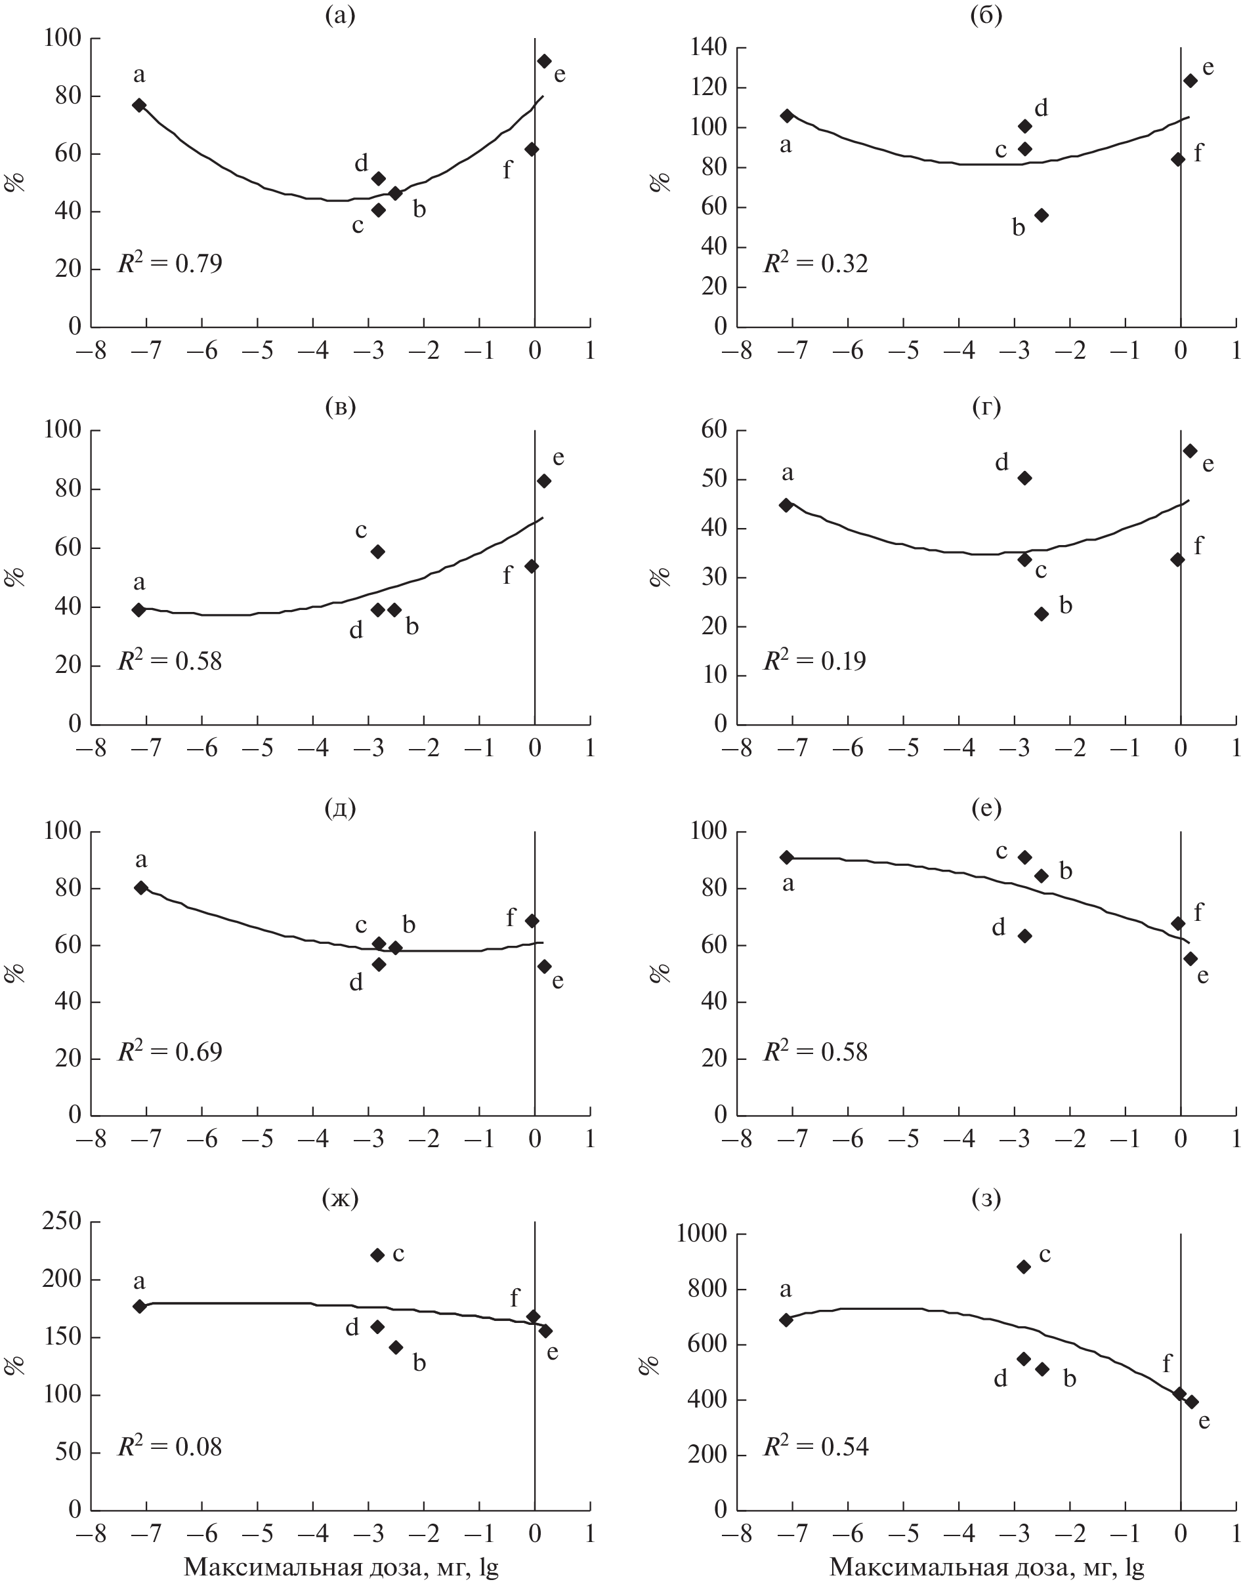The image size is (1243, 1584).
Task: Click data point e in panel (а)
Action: [x=543, y=61]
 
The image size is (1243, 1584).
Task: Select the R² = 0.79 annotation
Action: [x=170, y=262]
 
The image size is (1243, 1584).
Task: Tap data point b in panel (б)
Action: [x=1042, y=215]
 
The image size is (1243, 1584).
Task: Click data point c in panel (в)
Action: [x=378, y=551]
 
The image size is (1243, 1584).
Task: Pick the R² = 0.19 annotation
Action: [x=814, y=660]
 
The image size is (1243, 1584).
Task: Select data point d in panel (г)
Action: [x=1024, y=477]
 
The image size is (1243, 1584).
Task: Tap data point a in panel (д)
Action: [x=141, y=887]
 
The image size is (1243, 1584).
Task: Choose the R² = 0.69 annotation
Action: [x=170, y=1051]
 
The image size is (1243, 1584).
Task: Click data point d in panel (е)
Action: [x=1024, y=936]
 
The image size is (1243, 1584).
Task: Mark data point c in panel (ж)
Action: [x=378, y=1255]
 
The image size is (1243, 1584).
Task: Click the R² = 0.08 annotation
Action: [x=170, y=1446]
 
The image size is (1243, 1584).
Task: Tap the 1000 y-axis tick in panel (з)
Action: [x=702, y=1234]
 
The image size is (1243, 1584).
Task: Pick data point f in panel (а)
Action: [x=532, y=149]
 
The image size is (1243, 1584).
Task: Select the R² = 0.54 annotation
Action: [x=815, y=1446]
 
